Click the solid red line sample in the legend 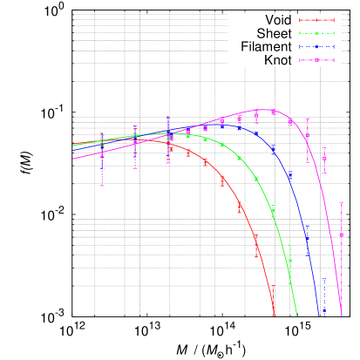316,20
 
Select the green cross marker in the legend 316,33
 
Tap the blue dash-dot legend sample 316,46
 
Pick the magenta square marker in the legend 316,59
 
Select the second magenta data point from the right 324,159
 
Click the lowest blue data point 323,309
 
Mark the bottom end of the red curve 275,315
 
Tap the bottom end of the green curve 297,316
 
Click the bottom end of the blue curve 321,316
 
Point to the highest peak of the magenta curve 262,110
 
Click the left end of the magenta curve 73,158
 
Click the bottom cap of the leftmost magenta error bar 102,185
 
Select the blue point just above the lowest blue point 307,236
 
